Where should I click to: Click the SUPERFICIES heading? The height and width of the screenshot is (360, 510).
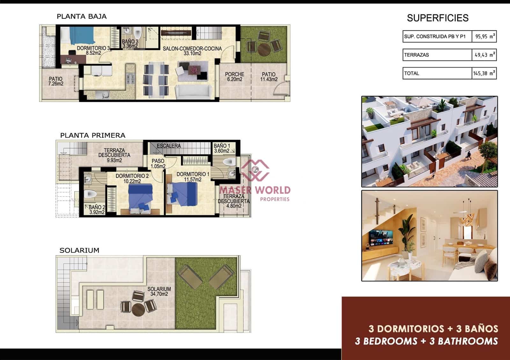point(438,18)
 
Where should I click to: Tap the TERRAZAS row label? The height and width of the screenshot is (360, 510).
point(417,55)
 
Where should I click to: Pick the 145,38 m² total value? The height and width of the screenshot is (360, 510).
point(484,73)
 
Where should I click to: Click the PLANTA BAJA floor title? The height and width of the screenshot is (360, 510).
point(82,17)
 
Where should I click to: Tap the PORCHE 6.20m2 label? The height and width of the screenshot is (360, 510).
point(235,77)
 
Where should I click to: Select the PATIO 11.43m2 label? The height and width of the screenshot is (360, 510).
point(269,77)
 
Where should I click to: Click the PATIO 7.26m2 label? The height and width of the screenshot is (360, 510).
point(56,81)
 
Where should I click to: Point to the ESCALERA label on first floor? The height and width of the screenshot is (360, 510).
point(169,146)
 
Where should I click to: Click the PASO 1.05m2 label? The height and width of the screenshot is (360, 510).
point(158,164)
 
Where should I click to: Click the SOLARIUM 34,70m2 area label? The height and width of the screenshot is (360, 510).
point(159,292)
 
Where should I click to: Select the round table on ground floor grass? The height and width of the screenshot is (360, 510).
point(264,49)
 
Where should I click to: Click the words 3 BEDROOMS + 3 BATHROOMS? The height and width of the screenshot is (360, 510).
point(426,341)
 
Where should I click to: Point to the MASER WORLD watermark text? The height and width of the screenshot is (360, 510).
point(255,190)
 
